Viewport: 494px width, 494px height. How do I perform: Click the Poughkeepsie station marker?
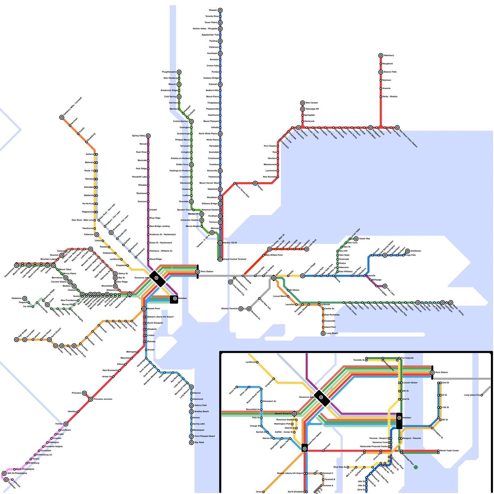(179, 72)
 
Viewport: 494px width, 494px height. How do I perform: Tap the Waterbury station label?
(389, 55)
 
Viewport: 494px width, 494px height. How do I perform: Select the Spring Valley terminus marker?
(148, 136)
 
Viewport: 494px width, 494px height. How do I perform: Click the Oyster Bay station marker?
(356, 239)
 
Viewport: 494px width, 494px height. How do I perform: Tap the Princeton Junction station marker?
(90, 399)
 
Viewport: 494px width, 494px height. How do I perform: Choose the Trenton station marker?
(66, 424)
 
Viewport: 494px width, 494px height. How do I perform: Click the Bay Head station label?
(199, 442)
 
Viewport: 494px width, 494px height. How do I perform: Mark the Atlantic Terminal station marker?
(241, 309)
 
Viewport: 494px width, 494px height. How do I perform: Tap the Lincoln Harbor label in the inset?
(410, 383)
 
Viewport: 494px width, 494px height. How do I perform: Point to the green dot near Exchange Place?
(416, 467)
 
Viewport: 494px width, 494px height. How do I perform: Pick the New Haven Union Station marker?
(397, 128)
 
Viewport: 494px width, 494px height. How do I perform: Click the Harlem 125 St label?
(230, 243)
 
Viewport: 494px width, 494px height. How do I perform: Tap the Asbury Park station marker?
(191, 405)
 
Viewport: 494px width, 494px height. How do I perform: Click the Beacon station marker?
(179, 84)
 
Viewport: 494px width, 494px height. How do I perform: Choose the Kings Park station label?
(410, 255)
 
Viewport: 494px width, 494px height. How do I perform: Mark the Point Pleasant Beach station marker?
(191, 436)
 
